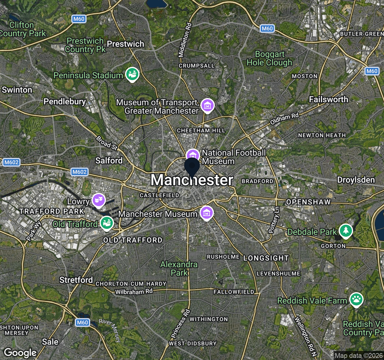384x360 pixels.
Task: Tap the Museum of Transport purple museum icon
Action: click(x=207, y=105)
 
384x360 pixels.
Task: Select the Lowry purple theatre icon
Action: click(x=98, y=200)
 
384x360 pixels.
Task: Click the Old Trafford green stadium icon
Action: click(x=106, y=223)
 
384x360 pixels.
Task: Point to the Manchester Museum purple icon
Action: click(x=206, y=213)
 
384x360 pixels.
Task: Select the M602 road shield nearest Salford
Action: click(x=79, y=172)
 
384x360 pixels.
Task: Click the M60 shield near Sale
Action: click(x=82, y=322)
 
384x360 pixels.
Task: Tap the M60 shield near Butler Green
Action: click(x=372, y=71)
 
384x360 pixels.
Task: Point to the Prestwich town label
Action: click(x=125, y=44)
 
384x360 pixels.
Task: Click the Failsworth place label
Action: click(x=328, y=99)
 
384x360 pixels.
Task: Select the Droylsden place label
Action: click(x=356, y=180)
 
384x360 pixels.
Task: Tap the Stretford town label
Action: click(x=76, y=280)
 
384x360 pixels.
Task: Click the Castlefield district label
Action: click(x=159, y=195)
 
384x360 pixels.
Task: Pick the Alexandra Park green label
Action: click(x=179, y=268)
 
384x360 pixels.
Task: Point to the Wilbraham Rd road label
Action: click(x=134, y=292)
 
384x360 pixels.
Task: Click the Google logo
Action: click(x=20, y=353)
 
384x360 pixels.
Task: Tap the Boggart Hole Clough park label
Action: click(x=269, y=58)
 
